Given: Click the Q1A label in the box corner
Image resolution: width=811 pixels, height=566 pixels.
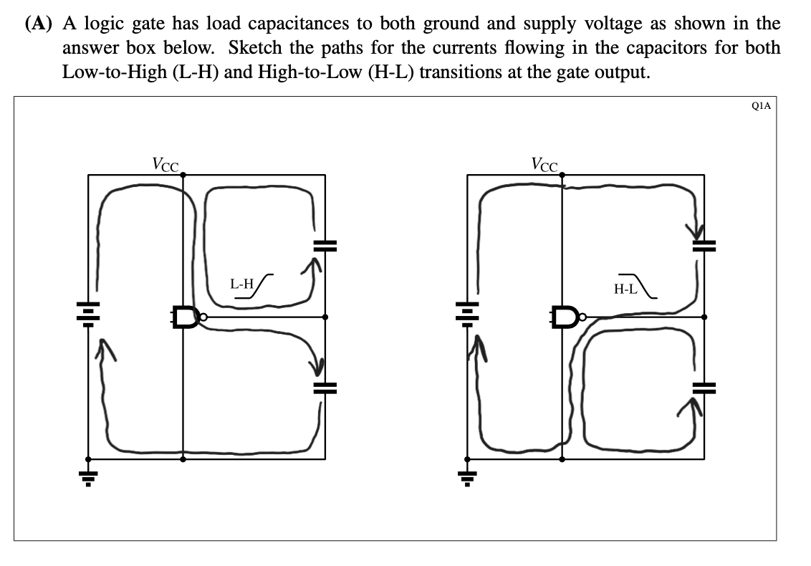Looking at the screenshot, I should [x=762, y=105].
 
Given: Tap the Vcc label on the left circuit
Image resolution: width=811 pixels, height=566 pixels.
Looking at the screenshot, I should [x=165, y=163].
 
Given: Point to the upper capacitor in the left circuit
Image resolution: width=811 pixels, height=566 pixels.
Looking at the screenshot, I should [x=325, y=245].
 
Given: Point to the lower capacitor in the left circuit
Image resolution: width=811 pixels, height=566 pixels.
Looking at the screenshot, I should [x=325, y=388].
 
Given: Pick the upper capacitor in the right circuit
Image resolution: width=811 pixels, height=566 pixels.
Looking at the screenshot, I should [x=704, y=245].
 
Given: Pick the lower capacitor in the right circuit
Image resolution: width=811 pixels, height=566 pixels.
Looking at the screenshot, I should [x=704, y=388].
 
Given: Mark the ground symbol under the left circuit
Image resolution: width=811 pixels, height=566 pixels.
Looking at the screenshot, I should [x=88, y=474].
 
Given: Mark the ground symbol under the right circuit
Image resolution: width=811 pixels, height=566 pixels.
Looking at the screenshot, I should [x=467, y=474].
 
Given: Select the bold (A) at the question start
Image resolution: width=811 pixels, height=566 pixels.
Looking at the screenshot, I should [x=41, y=24].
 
